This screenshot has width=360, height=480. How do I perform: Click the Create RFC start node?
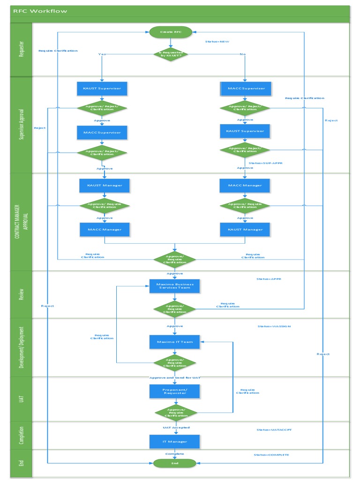tap(171, 32)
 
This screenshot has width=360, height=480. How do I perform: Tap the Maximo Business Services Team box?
tap(174, 286)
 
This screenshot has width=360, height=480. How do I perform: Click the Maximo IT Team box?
tap(174, 342)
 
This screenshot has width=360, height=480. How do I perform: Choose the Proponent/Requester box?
tap(174, 391)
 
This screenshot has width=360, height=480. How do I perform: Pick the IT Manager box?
tap(174, 442)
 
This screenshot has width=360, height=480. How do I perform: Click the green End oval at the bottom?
tap(174, 463)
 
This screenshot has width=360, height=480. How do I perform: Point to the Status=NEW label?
tap(217, 42)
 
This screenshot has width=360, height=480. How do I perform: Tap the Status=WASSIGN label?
tap(274, 326)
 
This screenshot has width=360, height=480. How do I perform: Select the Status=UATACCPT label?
tap(274, 430)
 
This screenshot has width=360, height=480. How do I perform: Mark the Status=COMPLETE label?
tap(271, 455)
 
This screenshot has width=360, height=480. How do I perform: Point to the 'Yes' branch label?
tap(102, 54)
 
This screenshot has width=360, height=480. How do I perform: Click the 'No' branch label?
tap(242, 54)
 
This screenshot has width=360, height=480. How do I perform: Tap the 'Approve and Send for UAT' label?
tap(175, 378)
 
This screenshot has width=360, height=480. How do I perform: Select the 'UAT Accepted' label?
tap(176, 427)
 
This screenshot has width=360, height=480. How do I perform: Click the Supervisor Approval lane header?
tap(21, 124)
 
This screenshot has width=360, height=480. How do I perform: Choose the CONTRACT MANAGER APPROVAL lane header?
tap(21, 222)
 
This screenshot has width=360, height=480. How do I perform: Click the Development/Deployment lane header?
tap(21, 347)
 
